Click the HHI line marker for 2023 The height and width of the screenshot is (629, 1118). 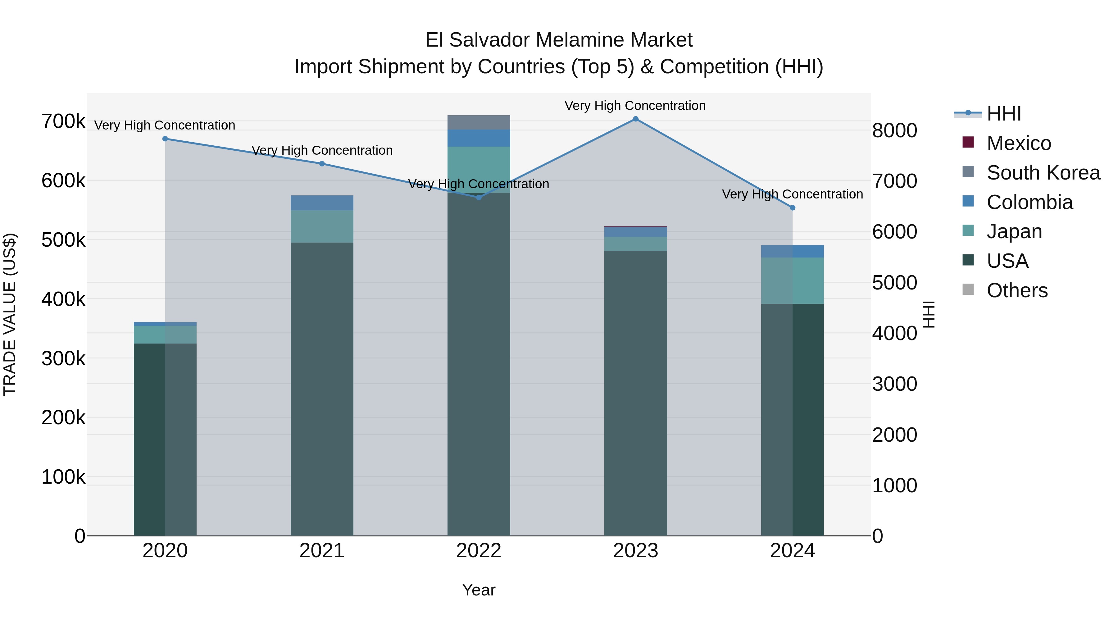point(635,119)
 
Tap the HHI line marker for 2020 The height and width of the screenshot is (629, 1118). point(165,139)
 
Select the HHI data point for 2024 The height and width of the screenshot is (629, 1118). point(793,208)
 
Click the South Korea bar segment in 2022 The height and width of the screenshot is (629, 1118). point(479,122)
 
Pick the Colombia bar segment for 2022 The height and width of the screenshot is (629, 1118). point(479,138)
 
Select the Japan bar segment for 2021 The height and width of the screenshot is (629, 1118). point(322,226)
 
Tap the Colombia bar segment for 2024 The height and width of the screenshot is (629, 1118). point(793,251)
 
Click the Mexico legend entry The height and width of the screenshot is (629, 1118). point(1018,143)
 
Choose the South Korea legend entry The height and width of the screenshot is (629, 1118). point(1043,173)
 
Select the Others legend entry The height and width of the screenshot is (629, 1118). point(1017,290)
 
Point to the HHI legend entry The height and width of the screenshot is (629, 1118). point(1003,114)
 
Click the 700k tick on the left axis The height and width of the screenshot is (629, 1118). point(63,121)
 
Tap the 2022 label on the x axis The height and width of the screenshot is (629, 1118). point(479,551)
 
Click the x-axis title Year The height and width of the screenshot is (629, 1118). point(479,590)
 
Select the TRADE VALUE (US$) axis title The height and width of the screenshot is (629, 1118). point(10,314)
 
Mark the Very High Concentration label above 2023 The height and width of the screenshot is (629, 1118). point(635,106)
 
